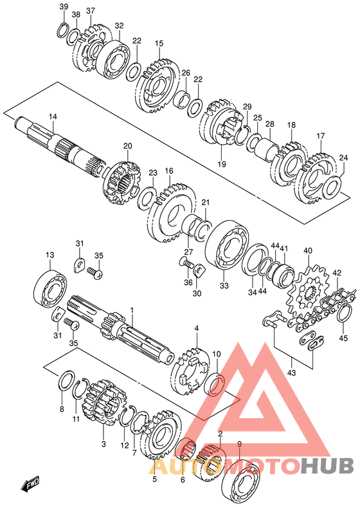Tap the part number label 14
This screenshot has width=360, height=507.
coord(53,116)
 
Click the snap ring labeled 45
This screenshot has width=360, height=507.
coord(343,313)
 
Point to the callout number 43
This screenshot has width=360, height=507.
coord(291,373)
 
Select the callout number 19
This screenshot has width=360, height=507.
coord(221,164)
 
